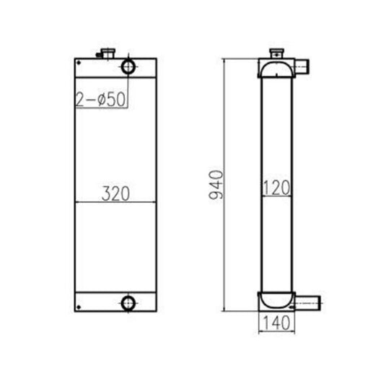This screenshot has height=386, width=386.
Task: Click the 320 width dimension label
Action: coord(115,194)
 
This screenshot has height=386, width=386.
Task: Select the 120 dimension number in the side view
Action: coord(276,189)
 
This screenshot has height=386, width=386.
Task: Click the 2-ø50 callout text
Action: coord(100,99)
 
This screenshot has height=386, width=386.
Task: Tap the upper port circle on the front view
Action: coord(128,68)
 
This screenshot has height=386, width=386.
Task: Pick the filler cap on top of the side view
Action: coord(276,53)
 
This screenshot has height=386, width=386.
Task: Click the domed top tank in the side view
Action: coord(276,70)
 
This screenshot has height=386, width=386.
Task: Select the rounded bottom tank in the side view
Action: coord(276,299)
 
